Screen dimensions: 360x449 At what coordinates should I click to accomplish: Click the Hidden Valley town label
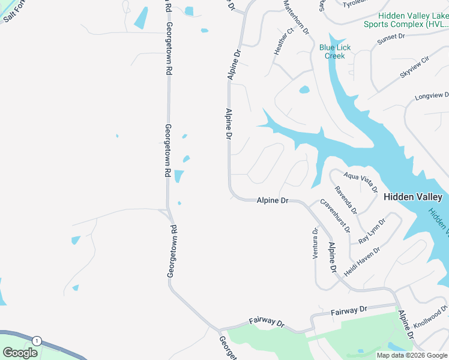click(412, 197)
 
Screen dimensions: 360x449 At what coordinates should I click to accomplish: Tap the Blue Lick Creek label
click(335, 52)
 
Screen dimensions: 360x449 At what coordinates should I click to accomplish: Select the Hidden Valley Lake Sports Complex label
click(406, 20)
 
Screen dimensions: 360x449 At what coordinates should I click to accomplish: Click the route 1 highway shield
click(37, 340)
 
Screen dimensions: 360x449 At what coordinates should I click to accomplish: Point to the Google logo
click(20, 352)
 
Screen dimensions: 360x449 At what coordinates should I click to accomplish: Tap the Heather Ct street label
click(283, 41)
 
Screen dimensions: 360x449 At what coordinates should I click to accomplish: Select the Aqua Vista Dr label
click(360, 181)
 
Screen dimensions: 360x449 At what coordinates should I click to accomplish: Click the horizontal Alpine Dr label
click(273, 200)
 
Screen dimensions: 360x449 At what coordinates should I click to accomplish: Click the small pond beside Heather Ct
click(304, 90)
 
